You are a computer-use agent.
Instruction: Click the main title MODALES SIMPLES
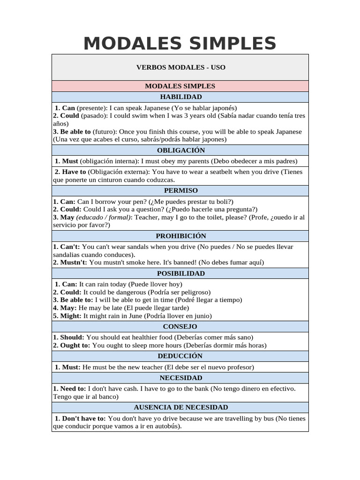(x=180, y=43)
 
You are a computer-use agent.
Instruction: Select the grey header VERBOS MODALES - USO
(x=180, y=67)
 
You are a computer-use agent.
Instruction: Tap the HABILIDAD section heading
(x=180, y=97)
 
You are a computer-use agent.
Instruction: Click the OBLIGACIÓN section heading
(x=180, y=150)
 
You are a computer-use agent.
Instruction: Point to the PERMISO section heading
(x=180, y=190)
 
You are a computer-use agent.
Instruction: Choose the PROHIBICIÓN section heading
(x=180, y=236)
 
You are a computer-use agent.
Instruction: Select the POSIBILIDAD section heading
(x=180, y=273)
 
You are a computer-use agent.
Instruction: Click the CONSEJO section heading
(x=180, y=326)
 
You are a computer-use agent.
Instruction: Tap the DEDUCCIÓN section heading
(x=180, y=356)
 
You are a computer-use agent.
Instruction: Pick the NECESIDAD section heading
(x=180, y=377)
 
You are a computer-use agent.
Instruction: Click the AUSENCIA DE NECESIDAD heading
(x=180, y=407)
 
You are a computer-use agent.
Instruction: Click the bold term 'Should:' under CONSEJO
(x=72, y=337)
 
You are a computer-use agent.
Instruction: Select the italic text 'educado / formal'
(x=104, y=217)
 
